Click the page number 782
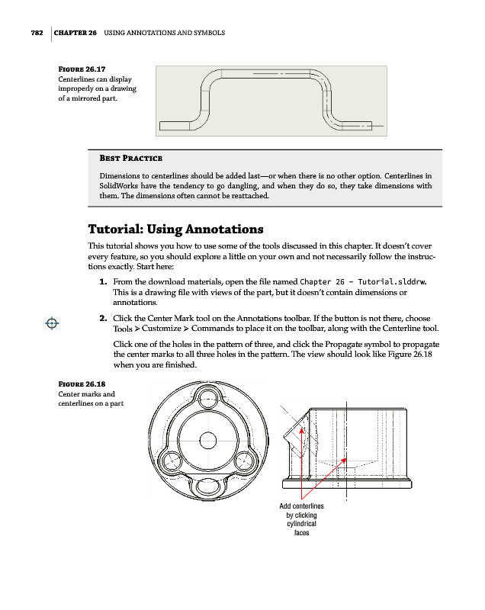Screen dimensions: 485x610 (37, 33)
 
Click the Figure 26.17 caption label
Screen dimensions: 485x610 (82, 69)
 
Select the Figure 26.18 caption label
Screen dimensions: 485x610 (82, 384)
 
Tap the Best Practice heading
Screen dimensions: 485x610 (130, 158)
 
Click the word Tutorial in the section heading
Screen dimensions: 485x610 (115, 229)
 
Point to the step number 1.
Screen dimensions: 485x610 (103, 281)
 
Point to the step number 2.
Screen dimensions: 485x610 (103, 318)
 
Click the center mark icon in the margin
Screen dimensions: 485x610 (52, 323)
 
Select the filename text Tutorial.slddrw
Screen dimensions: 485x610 (392, 281)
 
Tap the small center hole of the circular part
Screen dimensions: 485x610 (207, 441)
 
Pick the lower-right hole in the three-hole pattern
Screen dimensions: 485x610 (245, 461)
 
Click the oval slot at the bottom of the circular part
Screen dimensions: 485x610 (209, 486)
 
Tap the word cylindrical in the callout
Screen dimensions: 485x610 (301, 524)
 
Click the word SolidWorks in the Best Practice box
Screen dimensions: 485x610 (118, 186)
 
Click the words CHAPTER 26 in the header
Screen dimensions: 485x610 (75, 33)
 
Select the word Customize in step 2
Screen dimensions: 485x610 (162, 329)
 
